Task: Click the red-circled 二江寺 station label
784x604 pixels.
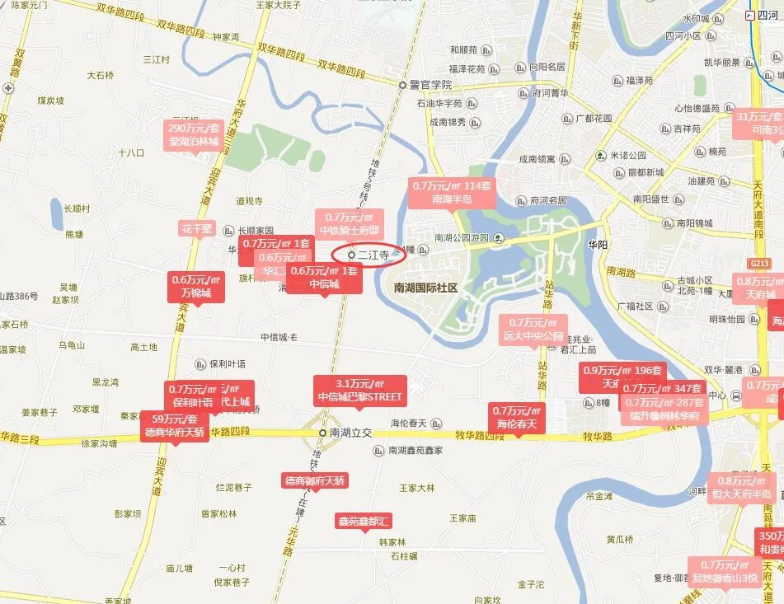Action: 373,255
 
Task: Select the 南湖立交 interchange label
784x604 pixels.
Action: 350,433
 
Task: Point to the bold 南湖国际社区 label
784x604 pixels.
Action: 425,288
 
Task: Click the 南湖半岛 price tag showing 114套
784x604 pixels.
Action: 452,193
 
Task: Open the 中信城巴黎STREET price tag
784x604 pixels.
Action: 359,391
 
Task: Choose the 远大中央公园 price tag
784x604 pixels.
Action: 533,330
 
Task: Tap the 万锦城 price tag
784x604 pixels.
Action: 196,286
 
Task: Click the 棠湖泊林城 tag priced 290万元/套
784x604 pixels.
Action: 195,135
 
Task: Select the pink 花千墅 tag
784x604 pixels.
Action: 196,228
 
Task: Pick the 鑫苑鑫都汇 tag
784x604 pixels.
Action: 364,521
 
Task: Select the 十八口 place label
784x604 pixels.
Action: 131,153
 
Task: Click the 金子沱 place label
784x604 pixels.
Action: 531,584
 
